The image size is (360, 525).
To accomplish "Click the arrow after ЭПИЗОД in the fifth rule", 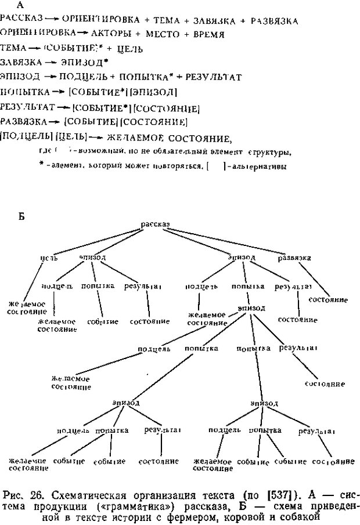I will click(x=51, y=77).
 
